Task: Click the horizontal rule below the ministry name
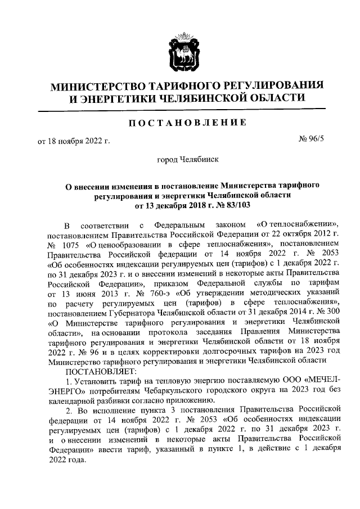tap(180, 108)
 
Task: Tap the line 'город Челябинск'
tap(184, 160)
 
